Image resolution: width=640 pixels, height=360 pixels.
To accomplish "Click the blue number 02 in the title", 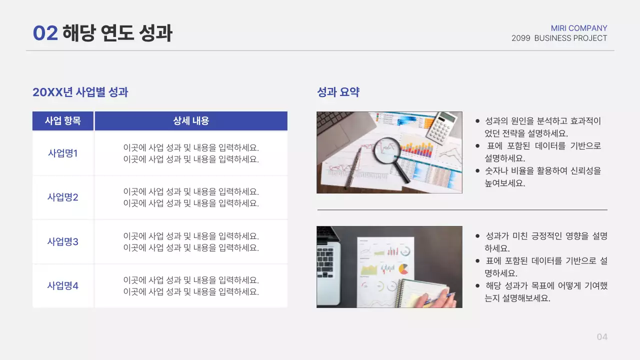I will pos(45,33).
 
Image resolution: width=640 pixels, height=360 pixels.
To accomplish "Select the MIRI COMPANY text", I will pos(579,28).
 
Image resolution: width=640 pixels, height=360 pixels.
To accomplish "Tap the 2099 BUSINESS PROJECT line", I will pos(559,38).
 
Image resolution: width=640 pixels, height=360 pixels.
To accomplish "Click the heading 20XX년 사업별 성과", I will pos(80,92).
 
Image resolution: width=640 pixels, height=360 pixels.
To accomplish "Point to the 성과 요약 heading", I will pos(338,92).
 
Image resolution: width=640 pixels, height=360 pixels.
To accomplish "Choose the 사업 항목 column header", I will pos(63,121).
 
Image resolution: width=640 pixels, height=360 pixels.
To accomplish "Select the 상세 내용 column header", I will pos(191,121).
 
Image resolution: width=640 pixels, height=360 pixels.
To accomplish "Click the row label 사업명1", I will pos(63,153).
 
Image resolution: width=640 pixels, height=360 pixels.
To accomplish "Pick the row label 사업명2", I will pos(63,197).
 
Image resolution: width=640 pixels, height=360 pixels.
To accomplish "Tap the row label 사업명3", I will pos(63,242).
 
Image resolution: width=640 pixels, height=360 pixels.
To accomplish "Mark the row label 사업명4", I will pos(63,286).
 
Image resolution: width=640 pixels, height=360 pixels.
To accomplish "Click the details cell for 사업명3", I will pos(191,242).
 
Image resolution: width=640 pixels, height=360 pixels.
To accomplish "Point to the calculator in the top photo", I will pos(442,127).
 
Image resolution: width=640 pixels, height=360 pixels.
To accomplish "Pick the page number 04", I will pos(602,337).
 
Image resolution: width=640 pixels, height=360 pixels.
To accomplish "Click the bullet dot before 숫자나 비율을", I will pos(478,171).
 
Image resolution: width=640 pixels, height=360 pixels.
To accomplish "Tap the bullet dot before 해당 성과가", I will pos(478,286).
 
